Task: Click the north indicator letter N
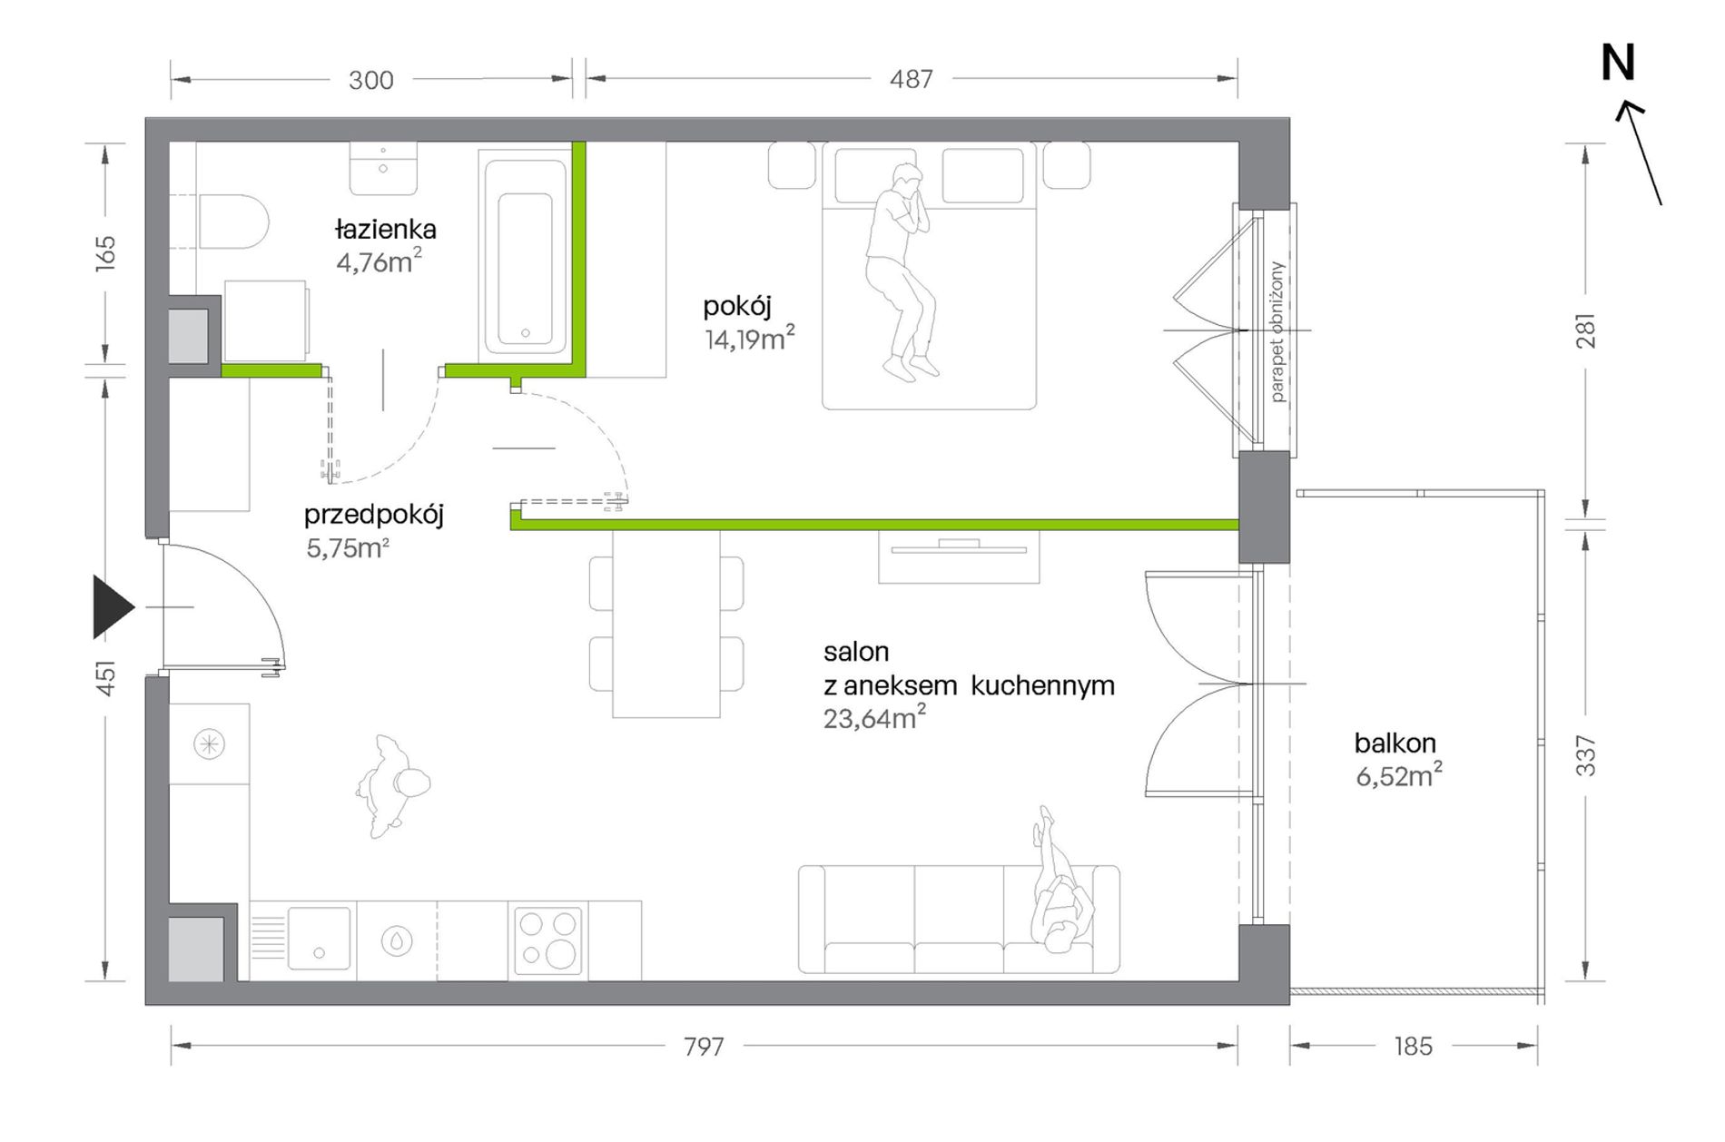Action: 1617,63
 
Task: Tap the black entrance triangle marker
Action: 113,607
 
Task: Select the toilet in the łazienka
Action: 233,222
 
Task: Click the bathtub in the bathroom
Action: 525,257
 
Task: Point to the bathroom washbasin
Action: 383,169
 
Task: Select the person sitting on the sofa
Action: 1060,884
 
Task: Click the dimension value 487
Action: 911,80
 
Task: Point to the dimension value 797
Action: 704,1047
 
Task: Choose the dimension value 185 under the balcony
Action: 1413,1047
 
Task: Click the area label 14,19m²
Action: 750,339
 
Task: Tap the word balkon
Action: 1395,743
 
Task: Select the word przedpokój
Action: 373,516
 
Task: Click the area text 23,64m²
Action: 874,717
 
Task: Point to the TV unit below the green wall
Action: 959,556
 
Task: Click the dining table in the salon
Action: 666,625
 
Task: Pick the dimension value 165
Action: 106,251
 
